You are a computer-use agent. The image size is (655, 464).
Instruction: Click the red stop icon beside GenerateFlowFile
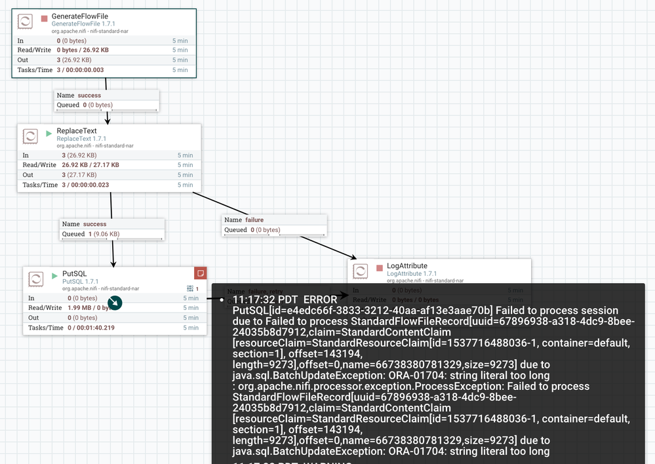pos(44,18)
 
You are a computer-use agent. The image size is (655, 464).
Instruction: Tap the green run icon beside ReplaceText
pos(49,134)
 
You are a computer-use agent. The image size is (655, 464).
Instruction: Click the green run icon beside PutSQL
pos(54,277)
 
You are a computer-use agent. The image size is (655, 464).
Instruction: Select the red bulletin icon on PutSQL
pos(200,273)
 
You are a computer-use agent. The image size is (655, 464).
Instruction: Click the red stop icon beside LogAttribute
pos(379,268)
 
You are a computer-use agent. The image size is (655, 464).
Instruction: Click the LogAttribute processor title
pos(407,265)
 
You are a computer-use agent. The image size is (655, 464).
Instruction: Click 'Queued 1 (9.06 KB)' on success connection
pos(90,234)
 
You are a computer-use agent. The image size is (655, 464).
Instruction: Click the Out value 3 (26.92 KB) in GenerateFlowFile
pos(73,60)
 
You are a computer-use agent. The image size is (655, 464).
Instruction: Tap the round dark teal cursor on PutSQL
pos(114,302)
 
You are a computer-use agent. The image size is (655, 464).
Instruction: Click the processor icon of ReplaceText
pos(30,136)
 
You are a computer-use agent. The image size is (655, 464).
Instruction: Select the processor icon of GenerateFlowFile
pos(25,21)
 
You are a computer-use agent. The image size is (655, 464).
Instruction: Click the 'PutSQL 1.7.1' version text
pos(80,282)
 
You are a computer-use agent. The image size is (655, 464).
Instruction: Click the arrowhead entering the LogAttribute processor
pos(353,258)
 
